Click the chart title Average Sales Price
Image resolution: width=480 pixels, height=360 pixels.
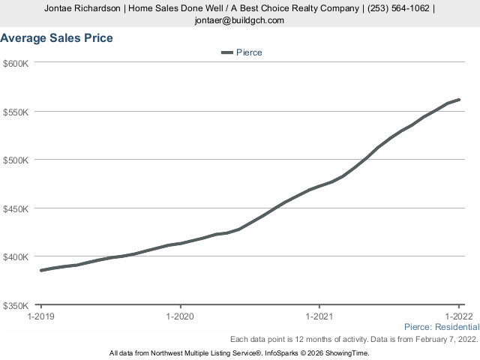point(57,38)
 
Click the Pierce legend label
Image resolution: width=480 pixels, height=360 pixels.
point(249,52)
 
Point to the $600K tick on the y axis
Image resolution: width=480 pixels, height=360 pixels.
point(16,63)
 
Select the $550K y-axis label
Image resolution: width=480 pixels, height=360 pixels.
point(16,112)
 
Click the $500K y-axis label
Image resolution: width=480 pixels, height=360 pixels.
point(16,160)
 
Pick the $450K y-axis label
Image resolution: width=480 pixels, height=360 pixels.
point(16,208)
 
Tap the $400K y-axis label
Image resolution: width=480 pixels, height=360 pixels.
point(16,256)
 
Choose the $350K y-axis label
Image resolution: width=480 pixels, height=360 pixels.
point(16,305)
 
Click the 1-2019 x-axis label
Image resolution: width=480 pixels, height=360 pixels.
point(40,316)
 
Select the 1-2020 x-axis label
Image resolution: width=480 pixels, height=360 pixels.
point(180,316)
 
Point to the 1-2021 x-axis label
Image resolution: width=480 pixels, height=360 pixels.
point(319,316)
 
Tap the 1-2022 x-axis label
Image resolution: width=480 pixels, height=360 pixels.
point(459,316)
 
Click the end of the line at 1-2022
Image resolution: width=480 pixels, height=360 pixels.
point(459,100)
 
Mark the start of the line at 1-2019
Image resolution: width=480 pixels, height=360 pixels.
point(41,270)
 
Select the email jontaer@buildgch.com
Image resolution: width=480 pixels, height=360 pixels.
point(240,20)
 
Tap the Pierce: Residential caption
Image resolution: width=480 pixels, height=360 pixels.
point(441,327)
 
